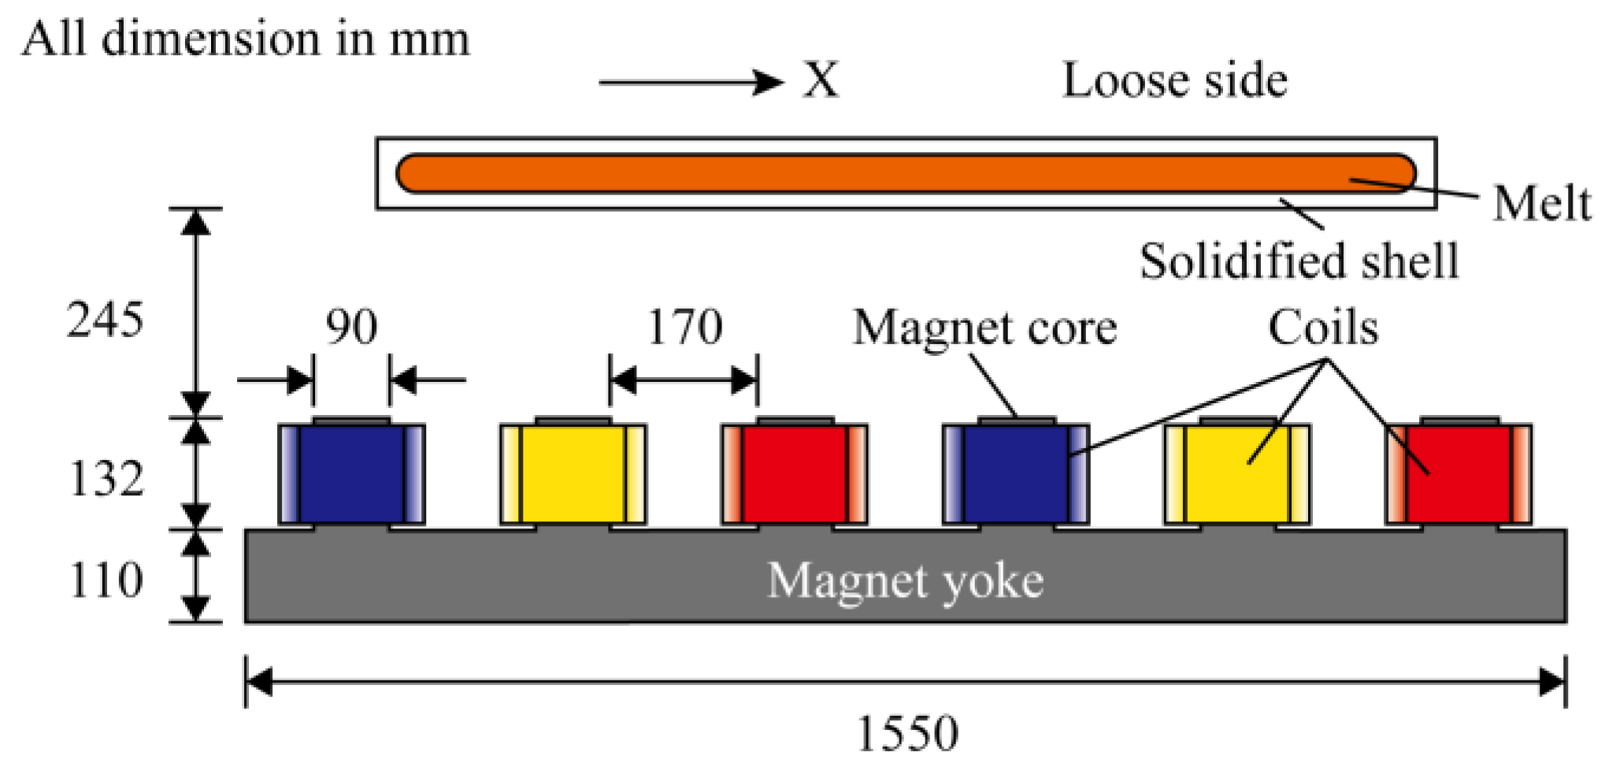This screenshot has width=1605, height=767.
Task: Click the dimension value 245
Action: click(106, 321)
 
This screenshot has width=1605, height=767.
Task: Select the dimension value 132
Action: click(107, 479)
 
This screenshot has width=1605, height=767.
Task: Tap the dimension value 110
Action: click(107, 580)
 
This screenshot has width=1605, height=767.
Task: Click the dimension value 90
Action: click(352, 327)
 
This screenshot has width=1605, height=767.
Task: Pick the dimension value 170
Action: click(684, 327)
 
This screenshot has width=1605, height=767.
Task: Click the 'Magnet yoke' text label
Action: click(905, 581)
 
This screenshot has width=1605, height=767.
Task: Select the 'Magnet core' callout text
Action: click(984, 328)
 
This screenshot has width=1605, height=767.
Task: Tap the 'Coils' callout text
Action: click(1323, 328)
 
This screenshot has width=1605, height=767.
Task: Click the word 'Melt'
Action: click(1541, 204)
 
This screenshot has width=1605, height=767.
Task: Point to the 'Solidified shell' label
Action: click(1299, 261)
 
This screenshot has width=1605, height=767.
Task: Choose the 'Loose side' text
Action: click(1175, 80)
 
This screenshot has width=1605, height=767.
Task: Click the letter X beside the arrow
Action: click(821, 80)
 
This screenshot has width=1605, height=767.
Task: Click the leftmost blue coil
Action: click(351, 474)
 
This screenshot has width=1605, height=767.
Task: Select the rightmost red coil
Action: click(1459, 474)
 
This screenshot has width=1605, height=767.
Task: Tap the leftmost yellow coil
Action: click(573, 474)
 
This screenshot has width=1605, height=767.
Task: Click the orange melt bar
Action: click(906, 173)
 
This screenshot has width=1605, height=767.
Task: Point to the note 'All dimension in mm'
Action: click(246, 39)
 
